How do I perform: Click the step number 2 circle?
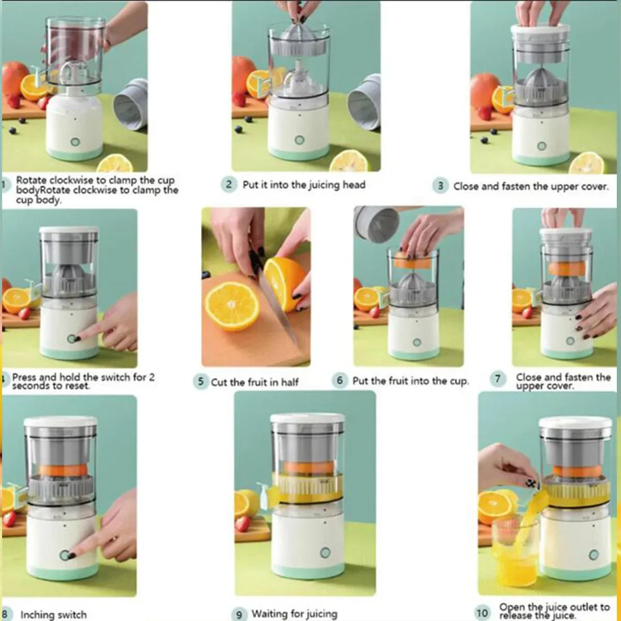pyautogui.click(x=229, y=184)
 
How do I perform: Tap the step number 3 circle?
pyautogui.click(x=440, y=186)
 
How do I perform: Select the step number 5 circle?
pyautogui.click(x=200, y=382)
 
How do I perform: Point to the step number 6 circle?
pyautogui.click(x=339, y=381)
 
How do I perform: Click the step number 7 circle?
pyautogui.click(x=497, y=379)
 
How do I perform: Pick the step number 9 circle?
pyautogui.click(x=239, y=614)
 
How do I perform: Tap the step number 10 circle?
pyautogui.click(x=482, y=613)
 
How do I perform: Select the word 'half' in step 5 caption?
pyautogui.click(x=289, y=382)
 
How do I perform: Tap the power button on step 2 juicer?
pyautogui.click(x=299, y=140)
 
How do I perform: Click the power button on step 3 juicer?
pyautogui.click(x=542, y=146)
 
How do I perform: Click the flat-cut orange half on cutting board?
pyautogui.click(x=232, y=305)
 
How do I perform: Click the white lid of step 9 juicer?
pyautogui.click(x=307, y=418)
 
